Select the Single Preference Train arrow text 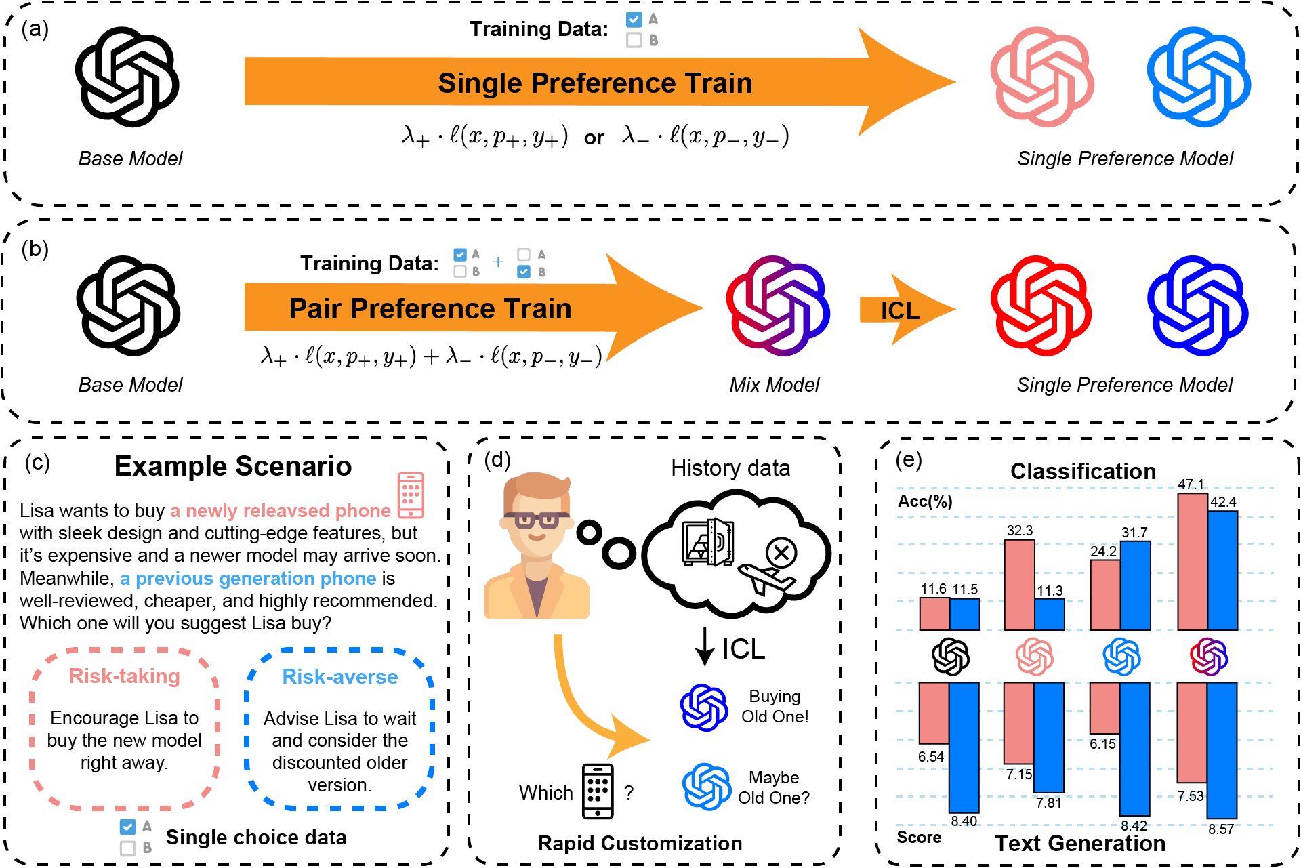click(x=595, y=83)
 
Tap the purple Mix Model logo click(x=777, y=306)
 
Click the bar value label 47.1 click(x=1191, y=484)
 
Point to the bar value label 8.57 click(x=1220, y=829)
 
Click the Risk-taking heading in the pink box click(x=125, y=676)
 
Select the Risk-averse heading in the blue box click(x=339, y=676)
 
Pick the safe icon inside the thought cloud click(x=708, y=543)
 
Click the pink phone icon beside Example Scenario click(x=411, y=495)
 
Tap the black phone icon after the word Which click(x=598, y=791)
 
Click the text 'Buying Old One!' click(x=775, y=706)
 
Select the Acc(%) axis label click(x=925, y=501)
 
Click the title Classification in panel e click(x=1082, y=471)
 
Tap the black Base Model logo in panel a click(x=127, y=77)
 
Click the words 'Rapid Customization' click(x=640, y=843)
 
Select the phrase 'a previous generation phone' click(x=248, y=578)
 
